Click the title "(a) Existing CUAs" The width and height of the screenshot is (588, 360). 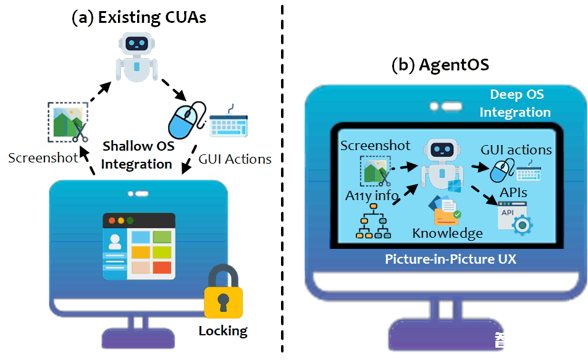139,17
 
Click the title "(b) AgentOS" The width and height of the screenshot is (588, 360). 440,65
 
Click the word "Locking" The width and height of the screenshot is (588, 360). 223,331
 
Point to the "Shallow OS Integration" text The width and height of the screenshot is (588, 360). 137,155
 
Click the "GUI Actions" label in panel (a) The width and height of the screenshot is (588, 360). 235,159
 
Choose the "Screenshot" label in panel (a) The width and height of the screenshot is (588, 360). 43,157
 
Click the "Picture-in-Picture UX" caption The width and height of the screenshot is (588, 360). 450,259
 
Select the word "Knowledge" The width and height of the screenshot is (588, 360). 447,233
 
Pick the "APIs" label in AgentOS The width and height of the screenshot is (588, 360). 514,193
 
